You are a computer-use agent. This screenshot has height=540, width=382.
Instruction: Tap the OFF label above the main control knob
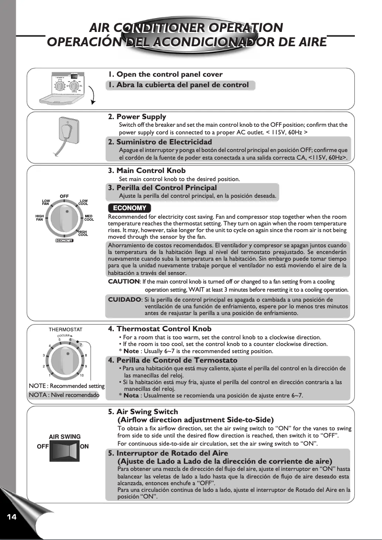point(64,196)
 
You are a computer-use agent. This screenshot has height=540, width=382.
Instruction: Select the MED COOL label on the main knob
point(89,218)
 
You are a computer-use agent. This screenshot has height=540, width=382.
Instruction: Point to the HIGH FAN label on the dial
point(40,218)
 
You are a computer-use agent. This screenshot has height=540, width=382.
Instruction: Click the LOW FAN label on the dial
point(46,202)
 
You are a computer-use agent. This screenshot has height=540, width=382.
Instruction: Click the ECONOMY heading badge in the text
point(130,208)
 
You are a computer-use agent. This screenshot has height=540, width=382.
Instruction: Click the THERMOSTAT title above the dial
point(65,329)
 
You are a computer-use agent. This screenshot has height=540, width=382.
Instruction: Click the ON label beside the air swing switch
point(84,447)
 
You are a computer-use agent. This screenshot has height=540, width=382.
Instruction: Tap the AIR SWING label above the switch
point(65,437)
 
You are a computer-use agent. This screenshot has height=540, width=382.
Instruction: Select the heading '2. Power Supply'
point(137,116)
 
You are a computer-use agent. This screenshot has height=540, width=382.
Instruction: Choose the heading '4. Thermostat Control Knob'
point(160,329)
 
